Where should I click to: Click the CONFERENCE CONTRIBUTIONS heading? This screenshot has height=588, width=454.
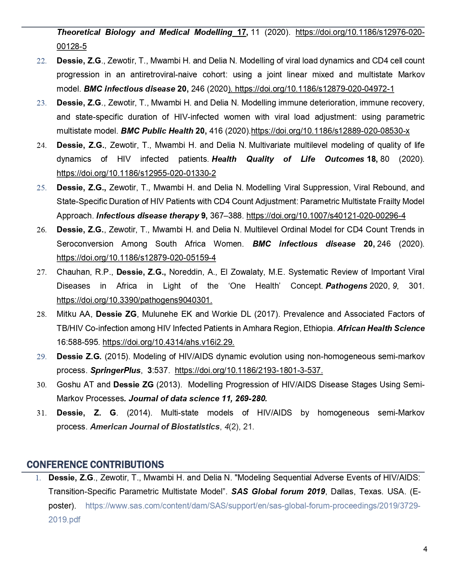pos(95,465)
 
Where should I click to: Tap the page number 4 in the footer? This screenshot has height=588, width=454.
pos(425,549)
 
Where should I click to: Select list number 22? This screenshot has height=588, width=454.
pos(42,61)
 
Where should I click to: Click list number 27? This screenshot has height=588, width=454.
pos(42,272)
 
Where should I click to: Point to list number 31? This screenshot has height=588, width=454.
pos(42,413)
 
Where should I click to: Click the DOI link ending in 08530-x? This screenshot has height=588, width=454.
pos(330,131)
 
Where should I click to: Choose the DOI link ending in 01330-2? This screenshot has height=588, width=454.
pos(136,174)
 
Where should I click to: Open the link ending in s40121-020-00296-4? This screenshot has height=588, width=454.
pos(326,216)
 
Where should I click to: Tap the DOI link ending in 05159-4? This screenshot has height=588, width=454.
pos(136,258)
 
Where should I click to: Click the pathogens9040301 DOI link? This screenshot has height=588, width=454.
pos(134,300)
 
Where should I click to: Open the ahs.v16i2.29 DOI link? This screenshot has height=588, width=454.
pos(168,342)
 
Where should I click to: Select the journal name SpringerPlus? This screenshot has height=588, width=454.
pos(115,371)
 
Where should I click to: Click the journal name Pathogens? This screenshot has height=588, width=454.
pos(346,286)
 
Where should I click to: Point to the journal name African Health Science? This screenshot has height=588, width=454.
pos(381,328)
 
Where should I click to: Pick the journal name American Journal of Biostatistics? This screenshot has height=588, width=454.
pos(155,427)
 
